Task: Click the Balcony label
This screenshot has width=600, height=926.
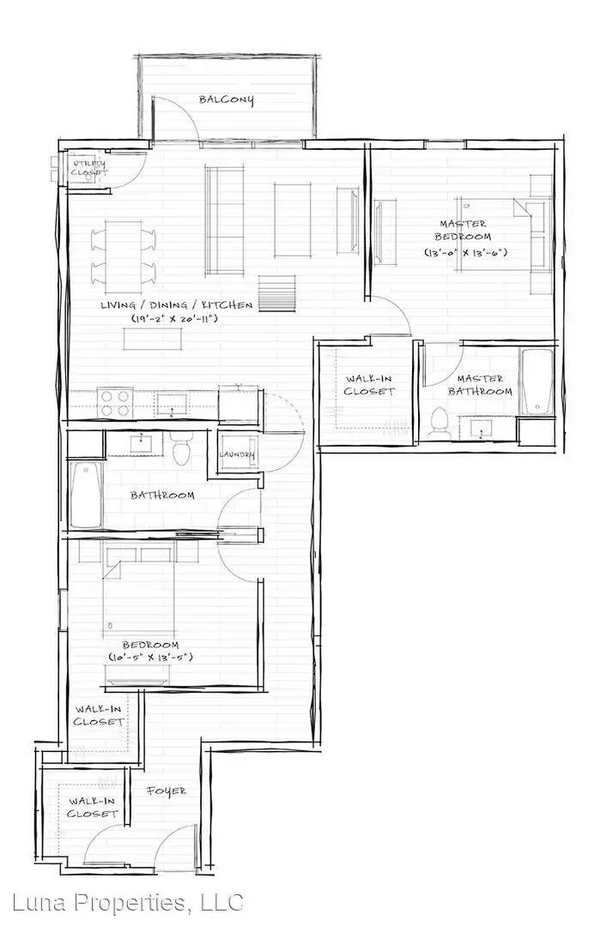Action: tap(227, 99)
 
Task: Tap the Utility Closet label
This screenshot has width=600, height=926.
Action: tap(89, 168)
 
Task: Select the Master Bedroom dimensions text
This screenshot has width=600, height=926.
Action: tap(466, 252)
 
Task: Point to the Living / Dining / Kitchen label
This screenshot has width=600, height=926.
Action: tap(176, 304)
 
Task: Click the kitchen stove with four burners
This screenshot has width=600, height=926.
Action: tap(115, 403)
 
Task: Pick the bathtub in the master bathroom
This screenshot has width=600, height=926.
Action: tap(536, 382)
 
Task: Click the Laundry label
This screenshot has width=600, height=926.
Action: tap(237, 454)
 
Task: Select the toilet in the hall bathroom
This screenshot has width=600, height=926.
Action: tap(181, 447)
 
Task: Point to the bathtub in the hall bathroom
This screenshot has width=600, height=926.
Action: tap(87, 495)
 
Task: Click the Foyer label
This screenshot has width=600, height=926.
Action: tap(167, 791)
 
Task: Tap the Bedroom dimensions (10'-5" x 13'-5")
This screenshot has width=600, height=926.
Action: tap(151, 657)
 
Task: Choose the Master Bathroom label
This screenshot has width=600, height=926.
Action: tap(480, 384)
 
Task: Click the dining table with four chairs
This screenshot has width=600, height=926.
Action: tap(124, 257)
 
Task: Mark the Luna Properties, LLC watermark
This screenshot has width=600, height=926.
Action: tap(128, 902)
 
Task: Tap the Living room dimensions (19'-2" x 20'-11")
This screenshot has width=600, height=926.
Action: tap(175, 318)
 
